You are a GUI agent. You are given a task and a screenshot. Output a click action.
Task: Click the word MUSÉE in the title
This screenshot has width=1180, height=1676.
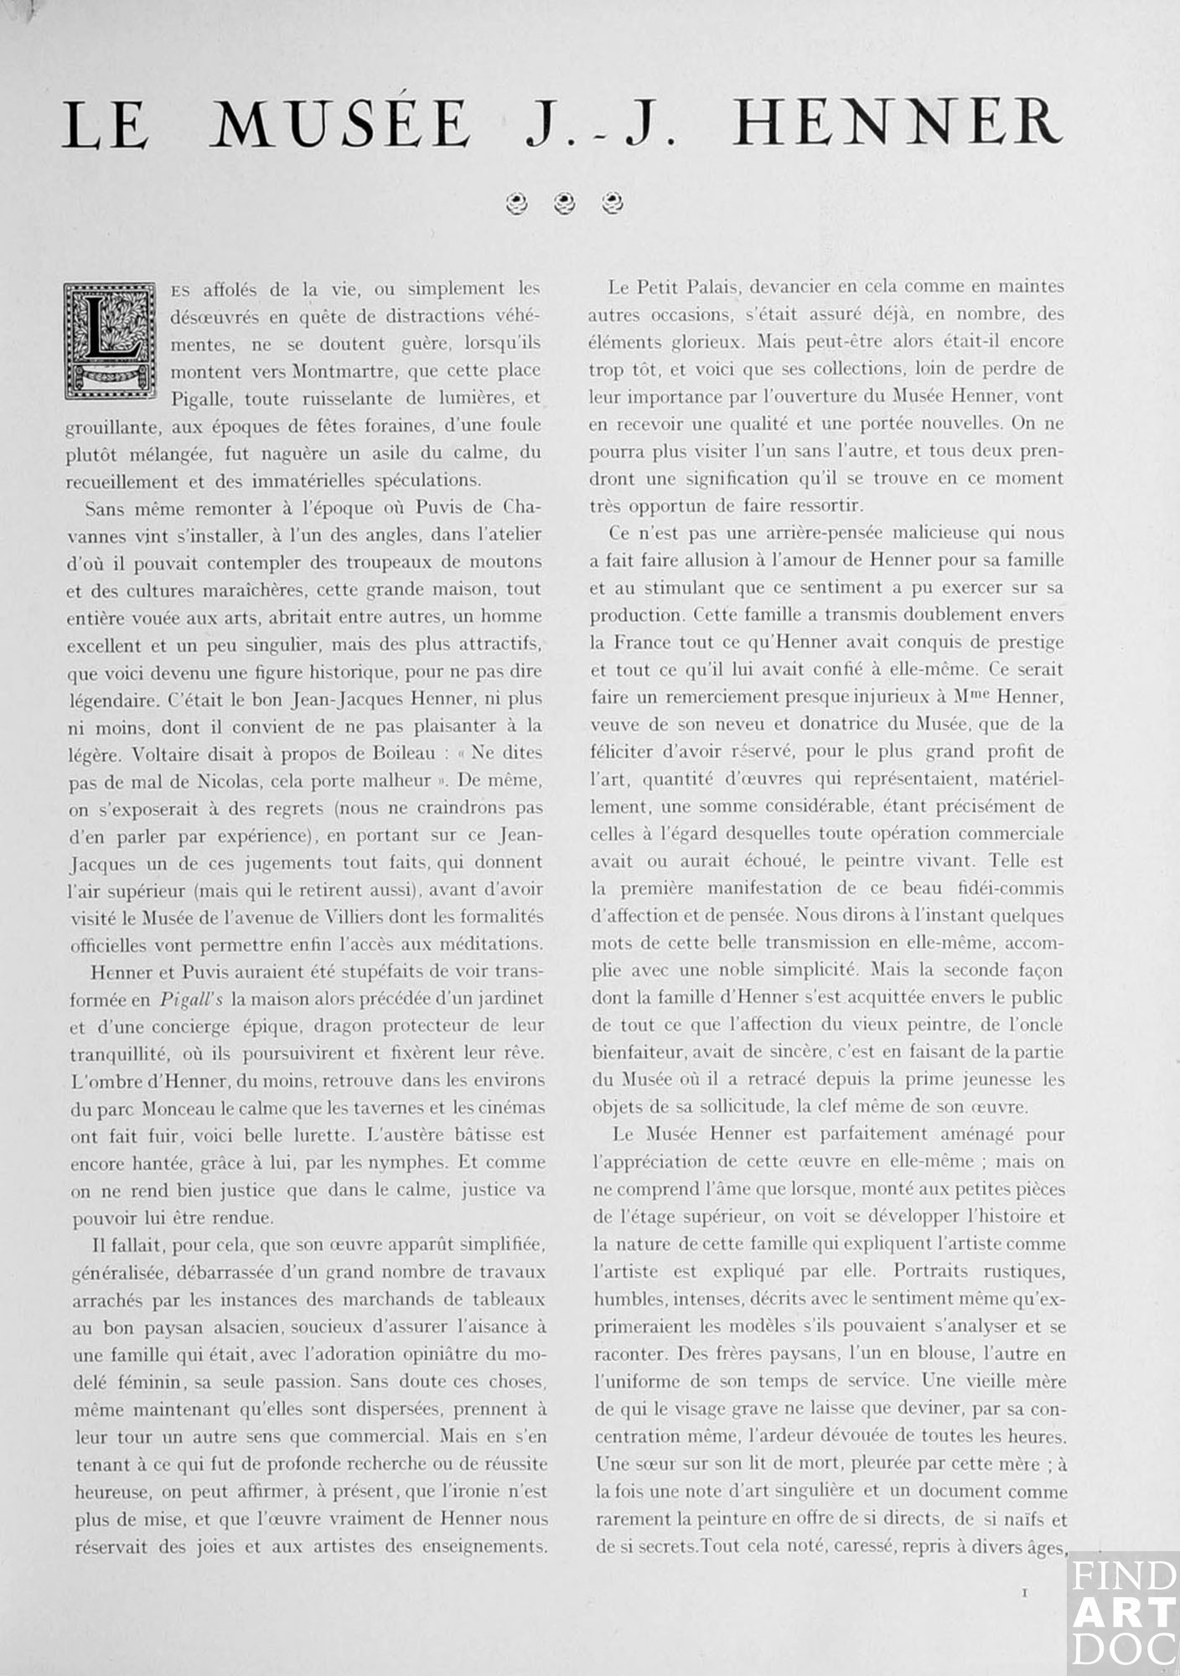(339, 124)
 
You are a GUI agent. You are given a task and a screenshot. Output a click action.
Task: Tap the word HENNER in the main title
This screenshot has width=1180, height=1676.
(897, 124)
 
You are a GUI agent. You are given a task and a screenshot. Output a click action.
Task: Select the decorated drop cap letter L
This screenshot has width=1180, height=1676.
(110, 339)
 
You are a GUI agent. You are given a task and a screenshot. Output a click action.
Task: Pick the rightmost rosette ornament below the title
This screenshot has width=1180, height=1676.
(614, 202)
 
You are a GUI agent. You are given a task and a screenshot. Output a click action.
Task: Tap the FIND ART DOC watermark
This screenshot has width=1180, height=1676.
(1123, 1612)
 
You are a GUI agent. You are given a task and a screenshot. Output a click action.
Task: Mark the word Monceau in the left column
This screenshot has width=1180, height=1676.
(176, 1108)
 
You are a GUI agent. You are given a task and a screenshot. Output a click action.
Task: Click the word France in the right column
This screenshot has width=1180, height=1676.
(643, 643)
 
